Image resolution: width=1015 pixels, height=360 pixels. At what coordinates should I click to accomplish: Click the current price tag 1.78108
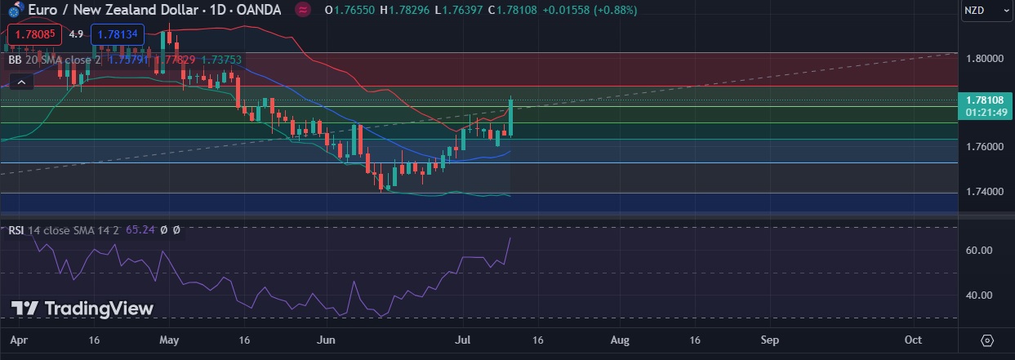983,100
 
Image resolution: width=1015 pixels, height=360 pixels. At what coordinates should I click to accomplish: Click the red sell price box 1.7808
32,34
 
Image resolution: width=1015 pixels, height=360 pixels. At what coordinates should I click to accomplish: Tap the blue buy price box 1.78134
117,34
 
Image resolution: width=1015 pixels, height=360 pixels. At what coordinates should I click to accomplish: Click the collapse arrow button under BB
21,81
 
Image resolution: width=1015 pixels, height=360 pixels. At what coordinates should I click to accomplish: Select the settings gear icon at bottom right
986,340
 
